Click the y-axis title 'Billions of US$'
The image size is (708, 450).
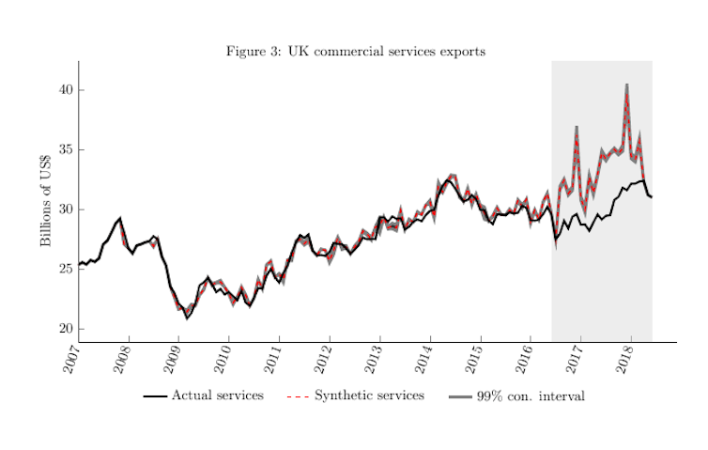point(45,201)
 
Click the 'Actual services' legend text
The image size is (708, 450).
point(217,396)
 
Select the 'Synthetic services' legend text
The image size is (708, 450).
point(369,396)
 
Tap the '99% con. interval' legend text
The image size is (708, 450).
point(531,396)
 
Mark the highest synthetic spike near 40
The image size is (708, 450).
point(626,85)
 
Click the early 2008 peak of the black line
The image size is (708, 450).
point(120,218)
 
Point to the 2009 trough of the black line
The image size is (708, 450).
point(187,318)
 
